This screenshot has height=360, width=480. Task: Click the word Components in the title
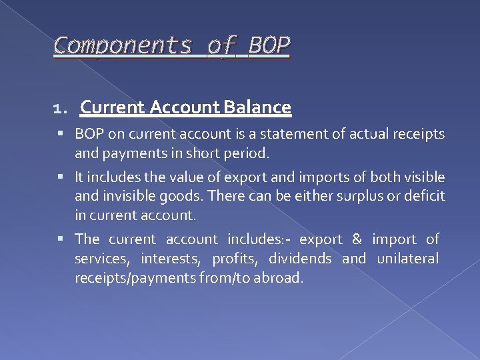click(122, 45)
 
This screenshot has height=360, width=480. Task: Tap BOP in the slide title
click(269, 45)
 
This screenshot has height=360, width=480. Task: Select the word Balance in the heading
click(259, 107)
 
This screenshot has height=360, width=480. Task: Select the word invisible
click(129, 197)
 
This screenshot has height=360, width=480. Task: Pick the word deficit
click(423, 197)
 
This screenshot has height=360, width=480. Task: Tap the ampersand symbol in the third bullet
click(357, 239)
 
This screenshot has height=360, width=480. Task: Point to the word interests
click(169, 259)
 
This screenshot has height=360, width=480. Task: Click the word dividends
click(300, 259)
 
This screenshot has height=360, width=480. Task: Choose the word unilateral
click(408, 259)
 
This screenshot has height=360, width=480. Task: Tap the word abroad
click(280, 278)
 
